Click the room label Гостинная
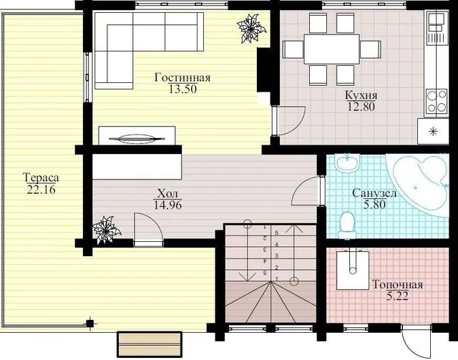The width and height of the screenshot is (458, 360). (182, 77)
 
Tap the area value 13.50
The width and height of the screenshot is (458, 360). (183, 89)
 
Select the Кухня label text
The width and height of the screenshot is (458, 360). (361, 95)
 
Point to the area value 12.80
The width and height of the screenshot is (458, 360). (361, 107)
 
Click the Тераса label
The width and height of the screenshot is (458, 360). (41, 177)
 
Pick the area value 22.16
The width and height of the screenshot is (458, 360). (41, 190)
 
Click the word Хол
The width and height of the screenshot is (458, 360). (167, 193)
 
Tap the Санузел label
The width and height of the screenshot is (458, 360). (374, 193)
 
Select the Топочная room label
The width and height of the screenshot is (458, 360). (398, 285)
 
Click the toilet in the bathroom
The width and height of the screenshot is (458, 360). (347, 225)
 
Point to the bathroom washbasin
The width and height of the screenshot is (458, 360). (347, 164)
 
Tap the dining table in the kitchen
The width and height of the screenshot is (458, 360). (331, 49)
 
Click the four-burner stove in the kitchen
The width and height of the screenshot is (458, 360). (437, 101)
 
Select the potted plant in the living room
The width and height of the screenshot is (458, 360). (250, 29)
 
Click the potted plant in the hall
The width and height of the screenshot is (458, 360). (107, 230)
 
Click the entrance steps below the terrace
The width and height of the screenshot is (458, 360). (150, 344)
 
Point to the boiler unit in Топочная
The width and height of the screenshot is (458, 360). (353, 270)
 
